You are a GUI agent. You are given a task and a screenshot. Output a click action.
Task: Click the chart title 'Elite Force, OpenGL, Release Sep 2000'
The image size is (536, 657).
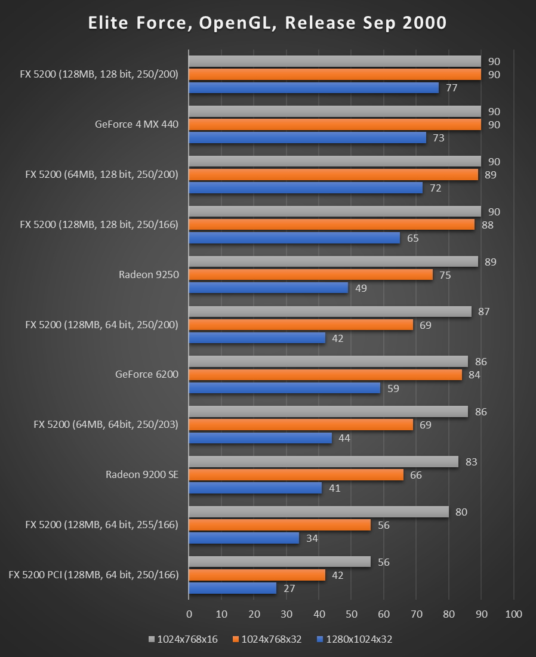tap(267, 23)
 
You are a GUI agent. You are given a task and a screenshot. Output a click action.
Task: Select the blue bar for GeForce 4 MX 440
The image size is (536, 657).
tap(307, 138)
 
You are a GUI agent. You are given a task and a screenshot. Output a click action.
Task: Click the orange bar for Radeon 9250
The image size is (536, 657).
tap(310, 274)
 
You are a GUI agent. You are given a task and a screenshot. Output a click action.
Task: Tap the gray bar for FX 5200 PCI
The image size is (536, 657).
tap(279, 562)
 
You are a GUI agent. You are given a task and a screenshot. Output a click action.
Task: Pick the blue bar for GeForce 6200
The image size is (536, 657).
tap(285, 388)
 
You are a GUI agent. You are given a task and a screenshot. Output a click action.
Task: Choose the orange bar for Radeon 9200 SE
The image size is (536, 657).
tap(296, 475)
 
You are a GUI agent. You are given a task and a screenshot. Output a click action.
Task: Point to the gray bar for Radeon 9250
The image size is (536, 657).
tap(333, 261)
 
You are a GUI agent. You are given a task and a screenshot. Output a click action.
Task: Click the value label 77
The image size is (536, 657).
tap(451, 88)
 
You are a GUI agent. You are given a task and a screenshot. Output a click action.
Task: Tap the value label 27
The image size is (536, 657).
tap(289, 588)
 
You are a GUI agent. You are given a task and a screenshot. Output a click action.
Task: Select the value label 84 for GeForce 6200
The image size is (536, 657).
tap(475, 375)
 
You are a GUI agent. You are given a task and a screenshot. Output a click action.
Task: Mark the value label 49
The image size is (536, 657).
tap(361, 288)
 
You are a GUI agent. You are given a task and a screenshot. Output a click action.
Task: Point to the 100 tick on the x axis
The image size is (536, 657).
tap(513, 614)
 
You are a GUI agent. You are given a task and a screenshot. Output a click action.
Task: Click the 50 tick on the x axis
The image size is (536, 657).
tap(352, 614)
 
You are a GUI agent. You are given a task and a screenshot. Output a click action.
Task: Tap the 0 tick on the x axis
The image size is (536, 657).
tap(189, 614)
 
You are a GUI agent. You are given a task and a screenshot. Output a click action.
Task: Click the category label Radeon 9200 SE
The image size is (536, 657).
tap(142, 475)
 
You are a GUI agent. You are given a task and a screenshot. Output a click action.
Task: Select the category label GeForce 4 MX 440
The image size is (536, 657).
tap(137, 125)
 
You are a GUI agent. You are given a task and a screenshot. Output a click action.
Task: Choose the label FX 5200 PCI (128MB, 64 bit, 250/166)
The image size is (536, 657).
tap(94, 575)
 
